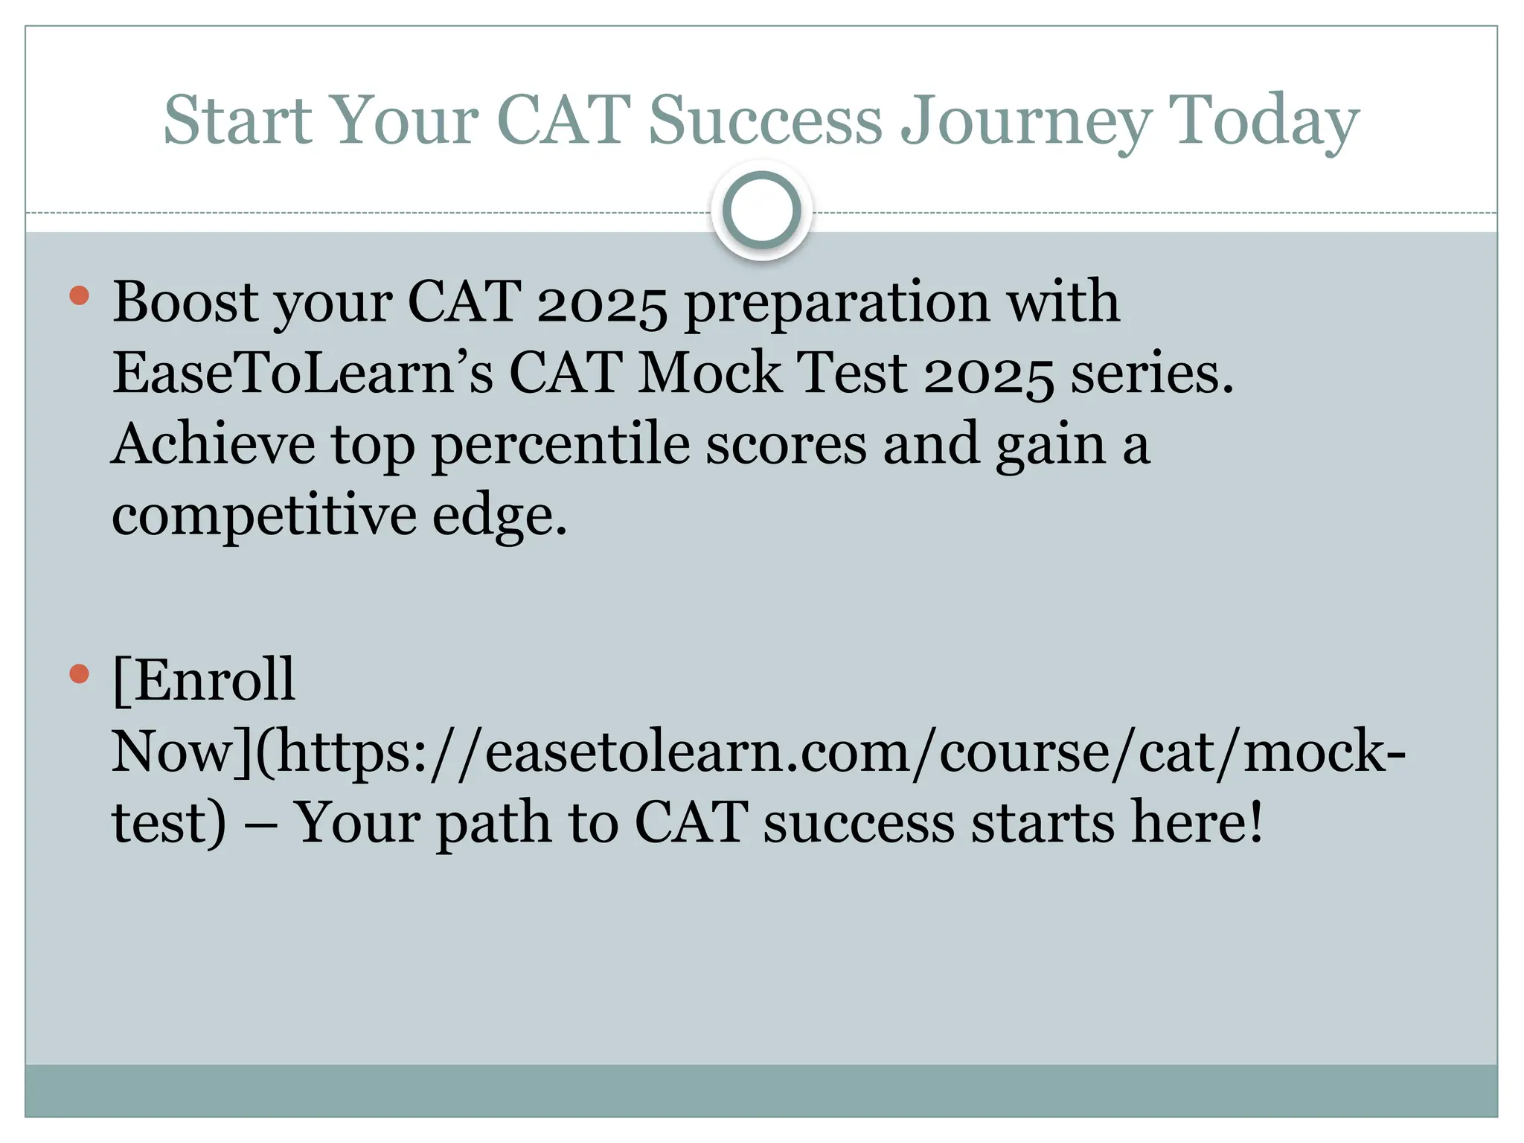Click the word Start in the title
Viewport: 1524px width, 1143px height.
pos(237,120)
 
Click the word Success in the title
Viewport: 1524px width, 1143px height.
pos(766,120)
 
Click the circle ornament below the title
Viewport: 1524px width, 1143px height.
pos(761,211)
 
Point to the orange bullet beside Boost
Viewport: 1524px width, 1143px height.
pos(79,295)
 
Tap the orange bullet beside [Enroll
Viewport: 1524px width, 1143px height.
pos(79,673)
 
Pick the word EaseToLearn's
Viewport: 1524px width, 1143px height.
pos(302,372)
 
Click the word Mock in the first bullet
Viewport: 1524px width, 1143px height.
pos(710,372)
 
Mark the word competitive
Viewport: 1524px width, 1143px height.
pos(264,516)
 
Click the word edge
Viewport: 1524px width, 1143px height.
pos(499,516)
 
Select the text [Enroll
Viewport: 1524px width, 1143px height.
pos(204,679)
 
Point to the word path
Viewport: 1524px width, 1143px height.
pos(492,823)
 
